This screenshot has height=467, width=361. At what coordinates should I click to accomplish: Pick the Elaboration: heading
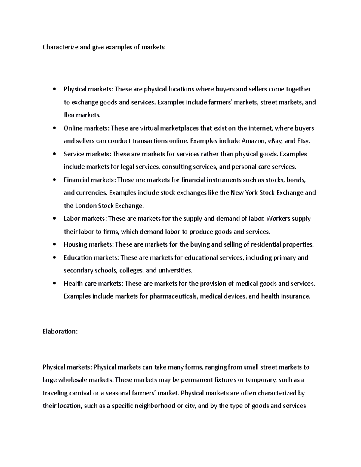click(60, 331)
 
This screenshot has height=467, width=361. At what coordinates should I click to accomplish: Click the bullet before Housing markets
click(54, 245)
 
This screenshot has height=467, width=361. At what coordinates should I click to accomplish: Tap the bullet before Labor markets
click(54, 219)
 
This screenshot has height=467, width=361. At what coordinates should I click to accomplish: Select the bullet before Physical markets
click(54, 89)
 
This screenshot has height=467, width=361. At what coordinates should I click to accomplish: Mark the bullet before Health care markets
click(54, 284)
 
